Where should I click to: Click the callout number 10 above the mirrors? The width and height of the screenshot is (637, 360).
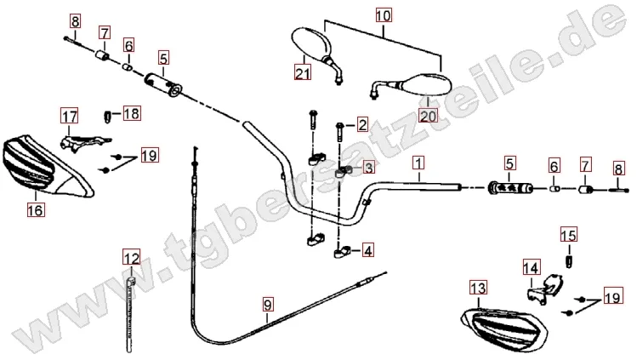[x=384, y=14]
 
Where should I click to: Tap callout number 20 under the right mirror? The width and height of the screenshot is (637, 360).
[x=427, y=115]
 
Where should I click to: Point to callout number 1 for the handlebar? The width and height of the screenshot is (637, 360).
[x=418, y=162]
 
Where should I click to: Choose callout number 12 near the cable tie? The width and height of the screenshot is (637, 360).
[x=129, y=257]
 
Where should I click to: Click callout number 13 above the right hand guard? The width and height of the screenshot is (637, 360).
[x=476, y=288]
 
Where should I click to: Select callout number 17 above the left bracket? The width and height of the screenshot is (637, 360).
[x=68, y=115]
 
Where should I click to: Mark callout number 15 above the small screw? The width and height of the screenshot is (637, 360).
[x=568, y=234]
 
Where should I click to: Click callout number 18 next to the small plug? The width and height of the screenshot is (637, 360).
[x=133, y=113]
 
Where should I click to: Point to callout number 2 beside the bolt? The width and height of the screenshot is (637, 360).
[x=362, y=126]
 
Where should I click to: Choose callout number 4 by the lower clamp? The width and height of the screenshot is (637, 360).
[x=367, y=250]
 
